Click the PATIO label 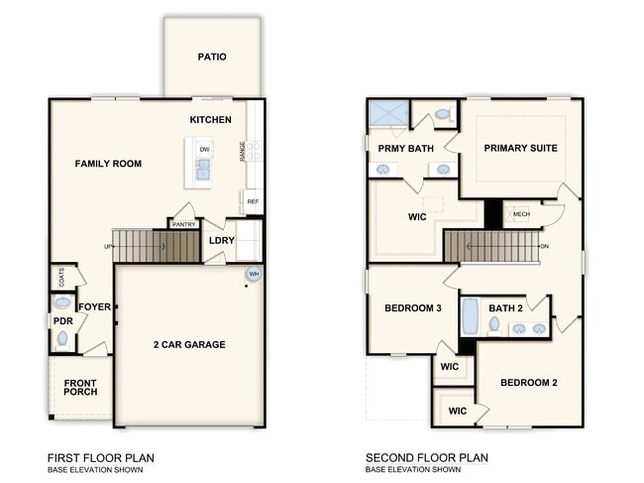pos(212,57)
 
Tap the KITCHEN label pos(211,120)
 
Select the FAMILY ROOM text pos(108,164)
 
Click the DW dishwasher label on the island pos(204,150)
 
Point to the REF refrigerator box pos(253,201)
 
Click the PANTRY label pos(183,224)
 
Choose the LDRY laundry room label pos(221,240)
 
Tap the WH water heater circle pos(254,274)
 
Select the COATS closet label pos(61,277)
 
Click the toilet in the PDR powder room pos(63,339)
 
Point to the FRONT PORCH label pos(80,387)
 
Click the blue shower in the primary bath pos(387,113)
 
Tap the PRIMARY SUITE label pos(520,148)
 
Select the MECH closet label pos(521,214)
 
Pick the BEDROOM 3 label pos(412,308)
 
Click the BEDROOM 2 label pos(529,383)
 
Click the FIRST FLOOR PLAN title pos(101,457)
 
